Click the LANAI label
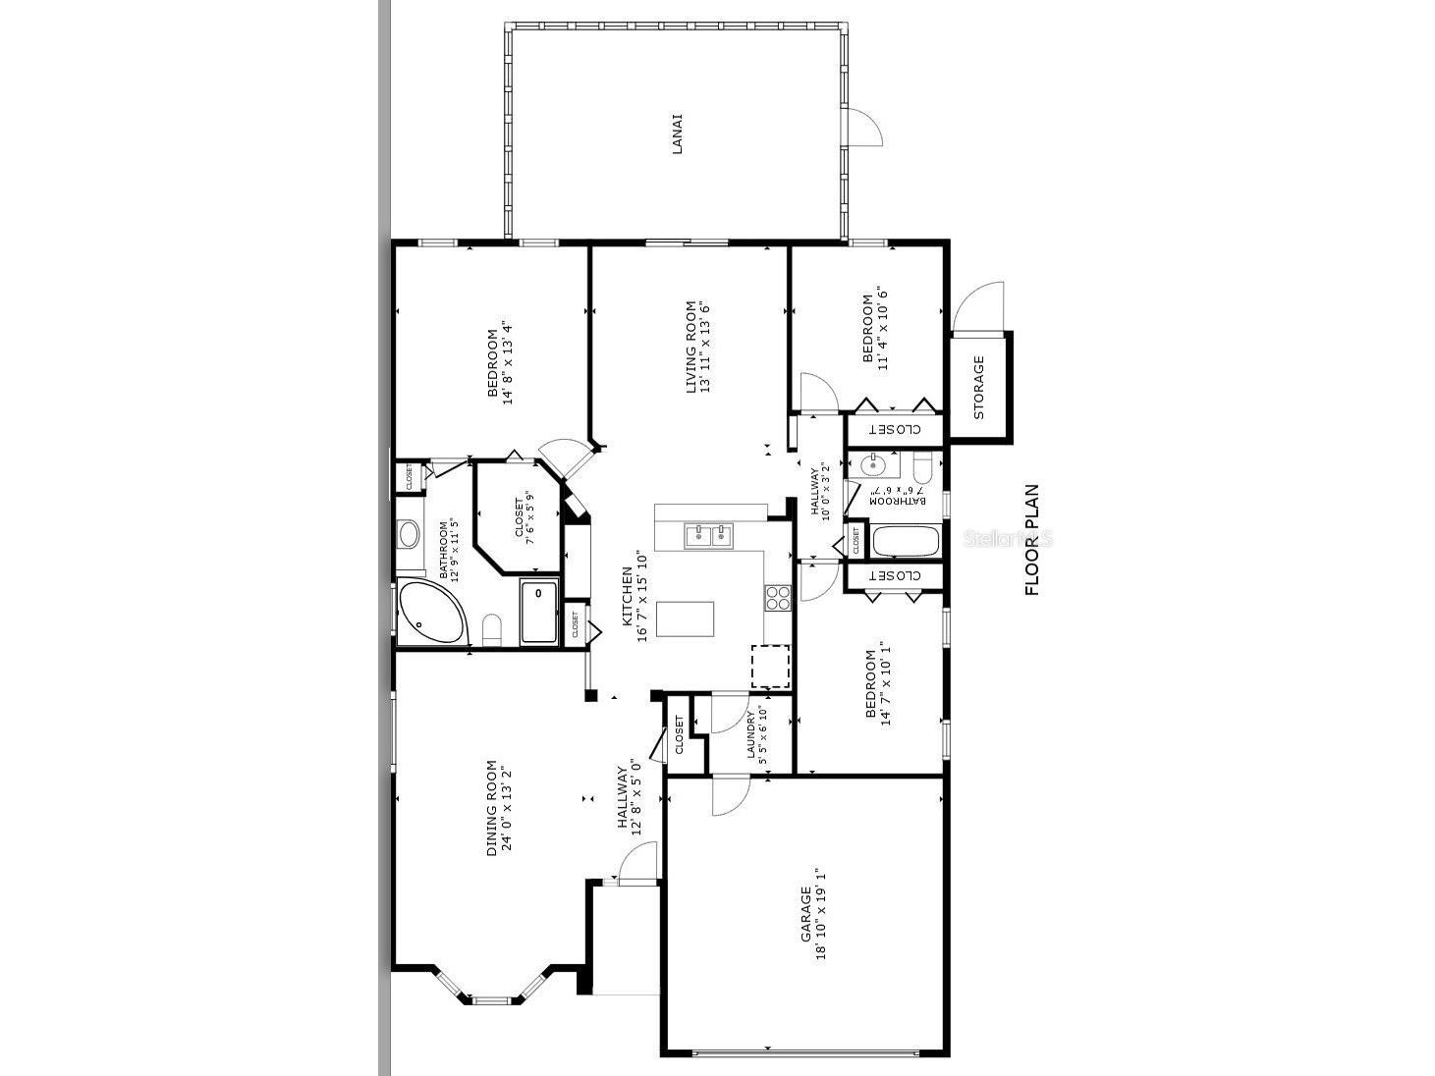pyautogui.click(x=677, y=134)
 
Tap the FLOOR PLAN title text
pyautogui.click(x=1031, y=540)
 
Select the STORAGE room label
pyautogui.click(x=978, y=387)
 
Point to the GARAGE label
pyautogui.click(x=805, y=914)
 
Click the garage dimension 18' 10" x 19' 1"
pyautogui.click(x=821, y=914)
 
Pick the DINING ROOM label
pyautogui.click(x=492, y=808)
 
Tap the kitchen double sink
pyautogui.click(x=709, y=534)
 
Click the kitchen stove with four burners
pyautogui.click(x=779, y=597)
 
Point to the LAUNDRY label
pyautogui.click(x=751, y=735)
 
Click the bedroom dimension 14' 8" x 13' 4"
pyautogui.click(x=508, y=362)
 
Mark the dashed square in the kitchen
pyautogui.click(x=771, y=667)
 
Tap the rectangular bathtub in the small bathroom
pyautogui.click(x=906, y=541)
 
